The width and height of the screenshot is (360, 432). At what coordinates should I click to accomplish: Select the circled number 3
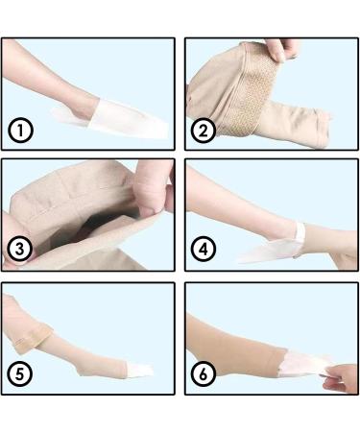pos(19,252)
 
